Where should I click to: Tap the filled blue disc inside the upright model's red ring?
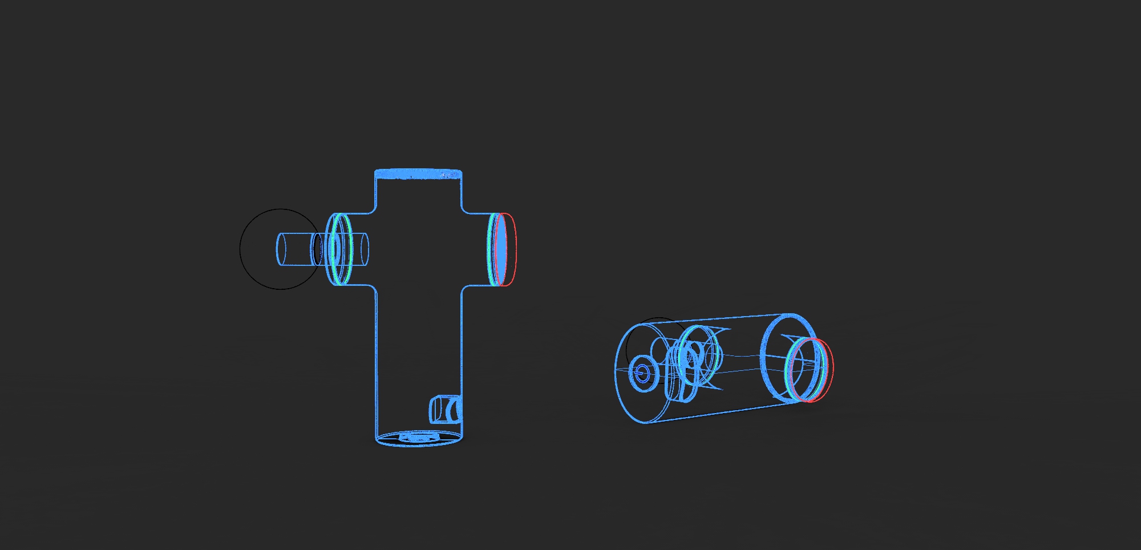click(x=501, y=249)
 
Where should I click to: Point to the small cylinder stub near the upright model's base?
click(x=444, y=409)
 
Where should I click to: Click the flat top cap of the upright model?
click(x=418, y=173)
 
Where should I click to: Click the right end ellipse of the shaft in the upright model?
click(x=365, y=249)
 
